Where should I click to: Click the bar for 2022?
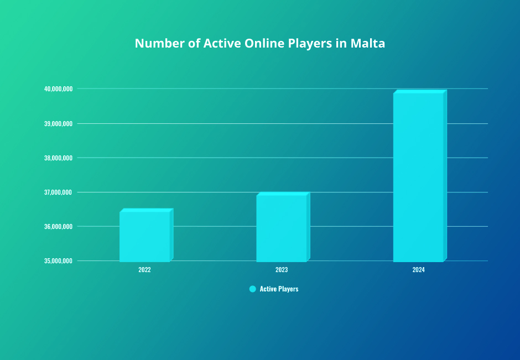pyautogui.click(x=144, y=236)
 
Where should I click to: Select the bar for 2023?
pyautogui.click(x=281, y=228)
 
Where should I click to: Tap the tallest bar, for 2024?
pyautogui.click(x=418, y=177)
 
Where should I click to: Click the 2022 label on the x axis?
pyautogui.click(x=144, y=270)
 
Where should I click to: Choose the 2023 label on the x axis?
pyautogui.click(x=281, y=270)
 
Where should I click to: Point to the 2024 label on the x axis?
pyautogui.click(x=418, y=270)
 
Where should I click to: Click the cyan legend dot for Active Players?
pyautogui.click(x=252, y=289)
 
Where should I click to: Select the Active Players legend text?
pyautogui.click(x=279, y=289)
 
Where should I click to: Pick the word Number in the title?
pyautogui.click(x=158, y=44)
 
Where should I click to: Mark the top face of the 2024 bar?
pyautogui.click(x=419, y=92)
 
